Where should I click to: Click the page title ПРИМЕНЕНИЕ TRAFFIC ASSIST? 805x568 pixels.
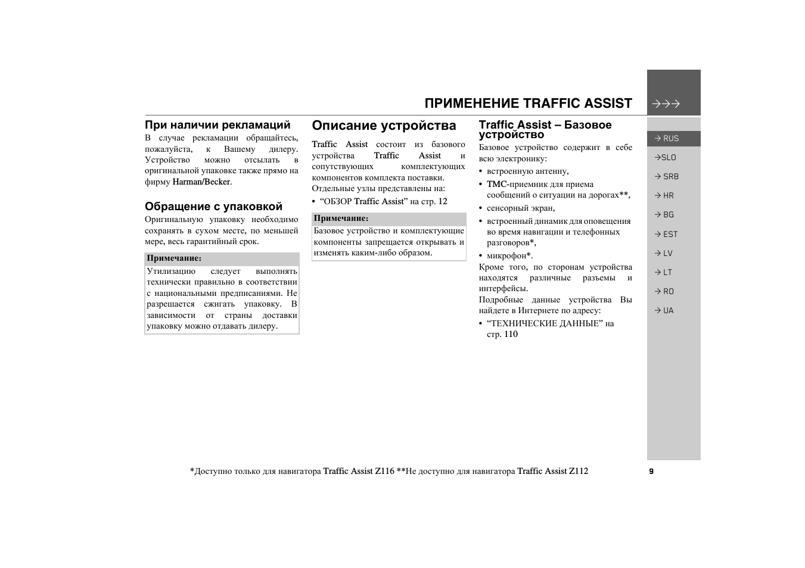point(528,104)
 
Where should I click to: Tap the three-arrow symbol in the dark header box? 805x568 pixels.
point(666,104)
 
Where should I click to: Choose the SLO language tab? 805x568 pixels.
point(666,157)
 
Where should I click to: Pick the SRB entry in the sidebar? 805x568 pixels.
point(667,176)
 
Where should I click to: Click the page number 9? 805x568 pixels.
point(651,471)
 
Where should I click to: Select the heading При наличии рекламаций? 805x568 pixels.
point(217,125)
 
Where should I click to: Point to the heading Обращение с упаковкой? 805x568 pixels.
point(213,207)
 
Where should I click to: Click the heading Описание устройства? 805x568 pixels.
point(384,126)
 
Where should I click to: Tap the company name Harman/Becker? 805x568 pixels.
point(201,182)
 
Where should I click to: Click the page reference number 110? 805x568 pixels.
point(511,334)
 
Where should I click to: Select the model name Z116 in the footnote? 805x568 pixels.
point(384,471)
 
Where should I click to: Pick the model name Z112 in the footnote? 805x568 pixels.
point(578,471)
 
